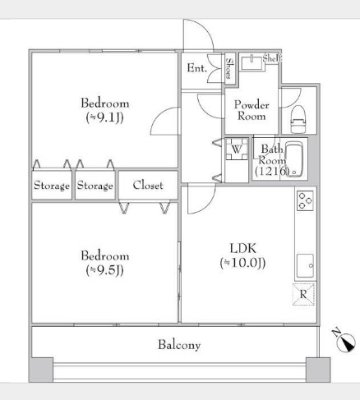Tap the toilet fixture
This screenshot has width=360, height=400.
(298, 119)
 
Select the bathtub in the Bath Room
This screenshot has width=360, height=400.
(293, 159)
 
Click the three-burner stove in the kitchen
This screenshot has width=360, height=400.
(305, 200)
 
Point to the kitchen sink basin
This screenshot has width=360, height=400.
(305, 265)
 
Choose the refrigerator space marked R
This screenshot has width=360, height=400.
(303, 295)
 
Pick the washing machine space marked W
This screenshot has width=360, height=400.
(237, 149)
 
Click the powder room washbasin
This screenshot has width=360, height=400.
(252, 62)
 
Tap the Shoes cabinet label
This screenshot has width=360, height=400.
(229, 68)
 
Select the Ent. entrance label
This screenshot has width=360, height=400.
(196, 68)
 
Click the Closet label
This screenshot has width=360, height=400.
(148, 186)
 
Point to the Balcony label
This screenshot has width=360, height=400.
(179, 345)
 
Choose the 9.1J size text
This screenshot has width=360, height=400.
(105, 117)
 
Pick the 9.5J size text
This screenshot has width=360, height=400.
(105, 270)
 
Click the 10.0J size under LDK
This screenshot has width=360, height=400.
(242, 263)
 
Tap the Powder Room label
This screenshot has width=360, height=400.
(252, 110)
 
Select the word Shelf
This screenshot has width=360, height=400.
(272, 58)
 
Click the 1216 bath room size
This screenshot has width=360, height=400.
(272, 172)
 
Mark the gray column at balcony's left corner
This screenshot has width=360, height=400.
(41, 370)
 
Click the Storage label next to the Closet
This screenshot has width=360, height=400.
(95, 186)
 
